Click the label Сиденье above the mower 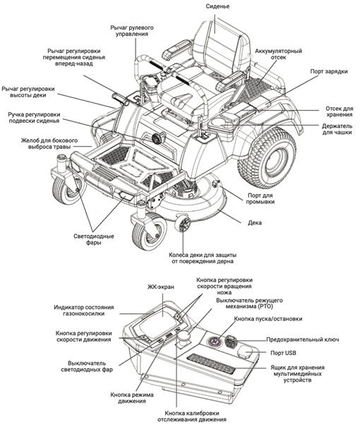(x=217, y=6)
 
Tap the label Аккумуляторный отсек (x=278, y=54)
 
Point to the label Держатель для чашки (x=337, y=129)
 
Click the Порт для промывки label (x=260, y=199)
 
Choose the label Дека (x=255, y=223)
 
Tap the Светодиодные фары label (x=94, y=239)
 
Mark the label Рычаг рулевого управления (x=132, y=31)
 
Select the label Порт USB (x=283, y=353)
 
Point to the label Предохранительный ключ (x=303, y=339)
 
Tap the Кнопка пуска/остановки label (x=268, y=319)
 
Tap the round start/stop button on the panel (x=215, y=342)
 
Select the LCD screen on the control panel (x=158, y=320)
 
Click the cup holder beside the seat (x=221, y=123)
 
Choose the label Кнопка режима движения (x=132, y=398)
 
